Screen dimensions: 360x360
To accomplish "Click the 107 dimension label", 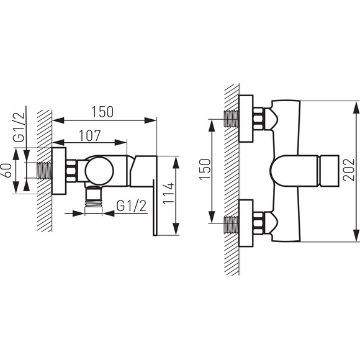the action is click(x=90, y=136).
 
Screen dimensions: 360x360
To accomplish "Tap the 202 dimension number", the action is click(x=349, y=169).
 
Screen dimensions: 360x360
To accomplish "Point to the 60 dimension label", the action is click(x=7, y=170).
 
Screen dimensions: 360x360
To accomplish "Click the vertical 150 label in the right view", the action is click(x=205, y=169).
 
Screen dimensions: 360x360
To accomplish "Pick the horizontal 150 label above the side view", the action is click(x=102, y=112).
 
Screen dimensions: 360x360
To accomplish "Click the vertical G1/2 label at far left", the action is click(x=19, y=127).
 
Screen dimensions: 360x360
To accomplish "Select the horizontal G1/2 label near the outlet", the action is click(x=131, y=205).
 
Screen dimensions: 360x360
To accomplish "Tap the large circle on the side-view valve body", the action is click(x=99, y=171).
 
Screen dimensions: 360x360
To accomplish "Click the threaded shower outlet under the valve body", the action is click(x=94, y=197).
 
